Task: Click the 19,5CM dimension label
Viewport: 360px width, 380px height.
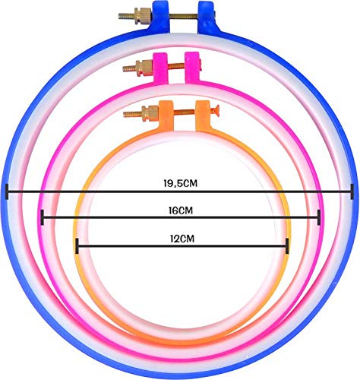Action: click(180, 183)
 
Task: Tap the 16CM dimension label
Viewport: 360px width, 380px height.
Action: click(181, 211)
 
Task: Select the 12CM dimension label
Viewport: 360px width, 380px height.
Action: click(182, 239)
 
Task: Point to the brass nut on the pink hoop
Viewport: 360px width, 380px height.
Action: click(144, 68)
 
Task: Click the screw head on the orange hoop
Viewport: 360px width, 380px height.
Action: click(215, 110)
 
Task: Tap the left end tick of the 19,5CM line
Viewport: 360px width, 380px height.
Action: click(7, 192)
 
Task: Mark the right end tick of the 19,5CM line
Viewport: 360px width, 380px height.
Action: click(352, 192)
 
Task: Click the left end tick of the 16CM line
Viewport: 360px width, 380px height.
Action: click(43, 217)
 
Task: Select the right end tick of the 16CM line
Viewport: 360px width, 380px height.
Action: click(319, 217)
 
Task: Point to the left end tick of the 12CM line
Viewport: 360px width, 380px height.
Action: click(77, 245)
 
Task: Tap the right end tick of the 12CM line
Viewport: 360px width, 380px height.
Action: click(287, 245)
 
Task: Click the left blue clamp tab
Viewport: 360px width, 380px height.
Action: click(160, 17)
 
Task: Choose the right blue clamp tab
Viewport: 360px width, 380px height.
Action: click(207, 17)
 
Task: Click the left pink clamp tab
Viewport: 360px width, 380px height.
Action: click(160, 68)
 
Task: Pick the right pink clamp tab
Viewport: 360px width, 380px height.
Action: click(192, 68)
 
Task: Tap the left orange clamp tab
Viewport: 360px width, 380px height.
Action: click(166, 116)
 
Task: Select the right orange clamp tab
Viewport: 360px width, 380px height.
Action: click(203, 116)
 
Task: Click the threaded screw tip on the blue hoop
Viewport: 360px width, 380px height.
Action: click(127, 16)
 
